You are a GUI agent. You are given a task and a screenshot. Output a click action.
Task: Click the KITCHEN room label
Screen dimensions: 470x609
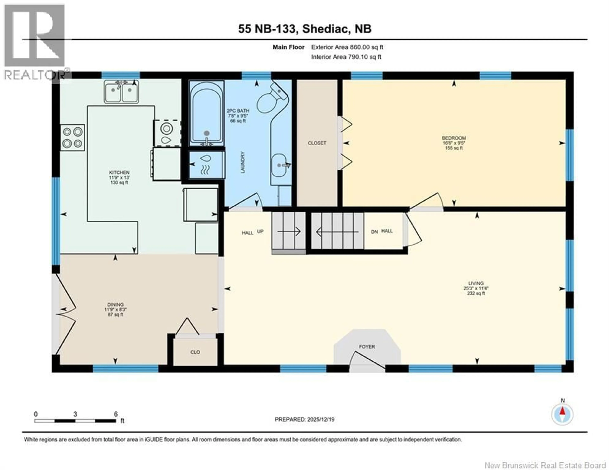119,173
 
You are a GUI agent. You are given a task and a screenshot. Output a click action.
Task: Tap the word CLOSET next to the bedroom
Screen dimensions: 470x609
317,143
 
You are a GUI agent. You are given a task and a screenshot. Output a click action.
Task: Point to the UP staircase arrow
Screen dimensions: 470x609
289,231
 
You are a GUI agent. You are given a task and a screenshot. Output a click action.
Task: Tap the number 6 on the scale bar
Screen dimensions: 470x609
116,414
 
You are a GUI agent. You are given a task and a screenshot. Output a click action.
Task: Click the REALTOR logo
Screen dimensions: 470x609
35,42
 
